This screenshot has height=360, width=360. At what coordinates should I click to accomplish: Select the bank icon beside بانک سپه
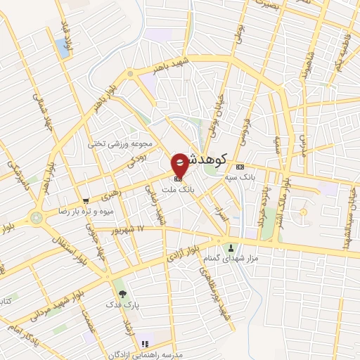(x=241, y=167)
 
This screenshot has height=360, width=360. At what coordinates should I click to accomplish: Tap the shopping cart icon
(x=86, y=200)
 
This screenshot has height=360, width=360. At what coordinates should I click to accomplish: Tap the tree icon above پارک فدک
(x=123, y=292)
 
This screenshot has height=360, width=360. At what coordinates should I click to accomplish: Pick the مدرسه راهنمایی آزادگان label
(x=145, y=355)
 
